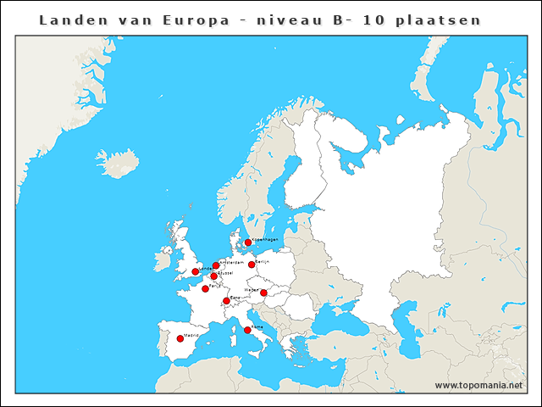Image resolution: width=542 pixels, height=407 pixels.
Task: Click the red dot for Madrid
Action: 180,339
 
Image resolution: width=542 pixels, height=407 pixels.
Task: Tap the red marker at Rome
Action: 247,330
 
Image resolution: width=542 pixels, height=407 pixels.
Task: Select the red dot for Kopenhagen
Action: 248,243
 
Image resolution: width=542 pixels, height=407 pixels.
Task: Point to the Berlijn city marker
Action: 252,265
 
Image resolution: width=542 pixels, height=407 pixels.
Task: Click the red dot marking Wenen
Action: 263,293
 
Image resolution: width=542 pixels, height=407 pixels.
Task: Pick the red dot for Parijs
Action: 206,288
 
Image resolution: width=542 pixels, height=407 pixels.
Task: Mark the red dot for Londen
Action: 196,271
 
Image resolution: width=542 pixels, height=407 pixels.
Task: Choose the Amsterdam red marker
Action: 216,265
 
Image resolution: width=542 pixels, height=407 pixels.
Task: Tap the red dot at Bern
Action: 226,301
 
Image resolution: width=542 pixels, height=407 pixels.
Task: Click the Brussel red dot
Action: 213,276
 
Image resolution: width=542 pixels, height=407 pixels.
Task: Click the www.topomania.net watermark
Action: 478,386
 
